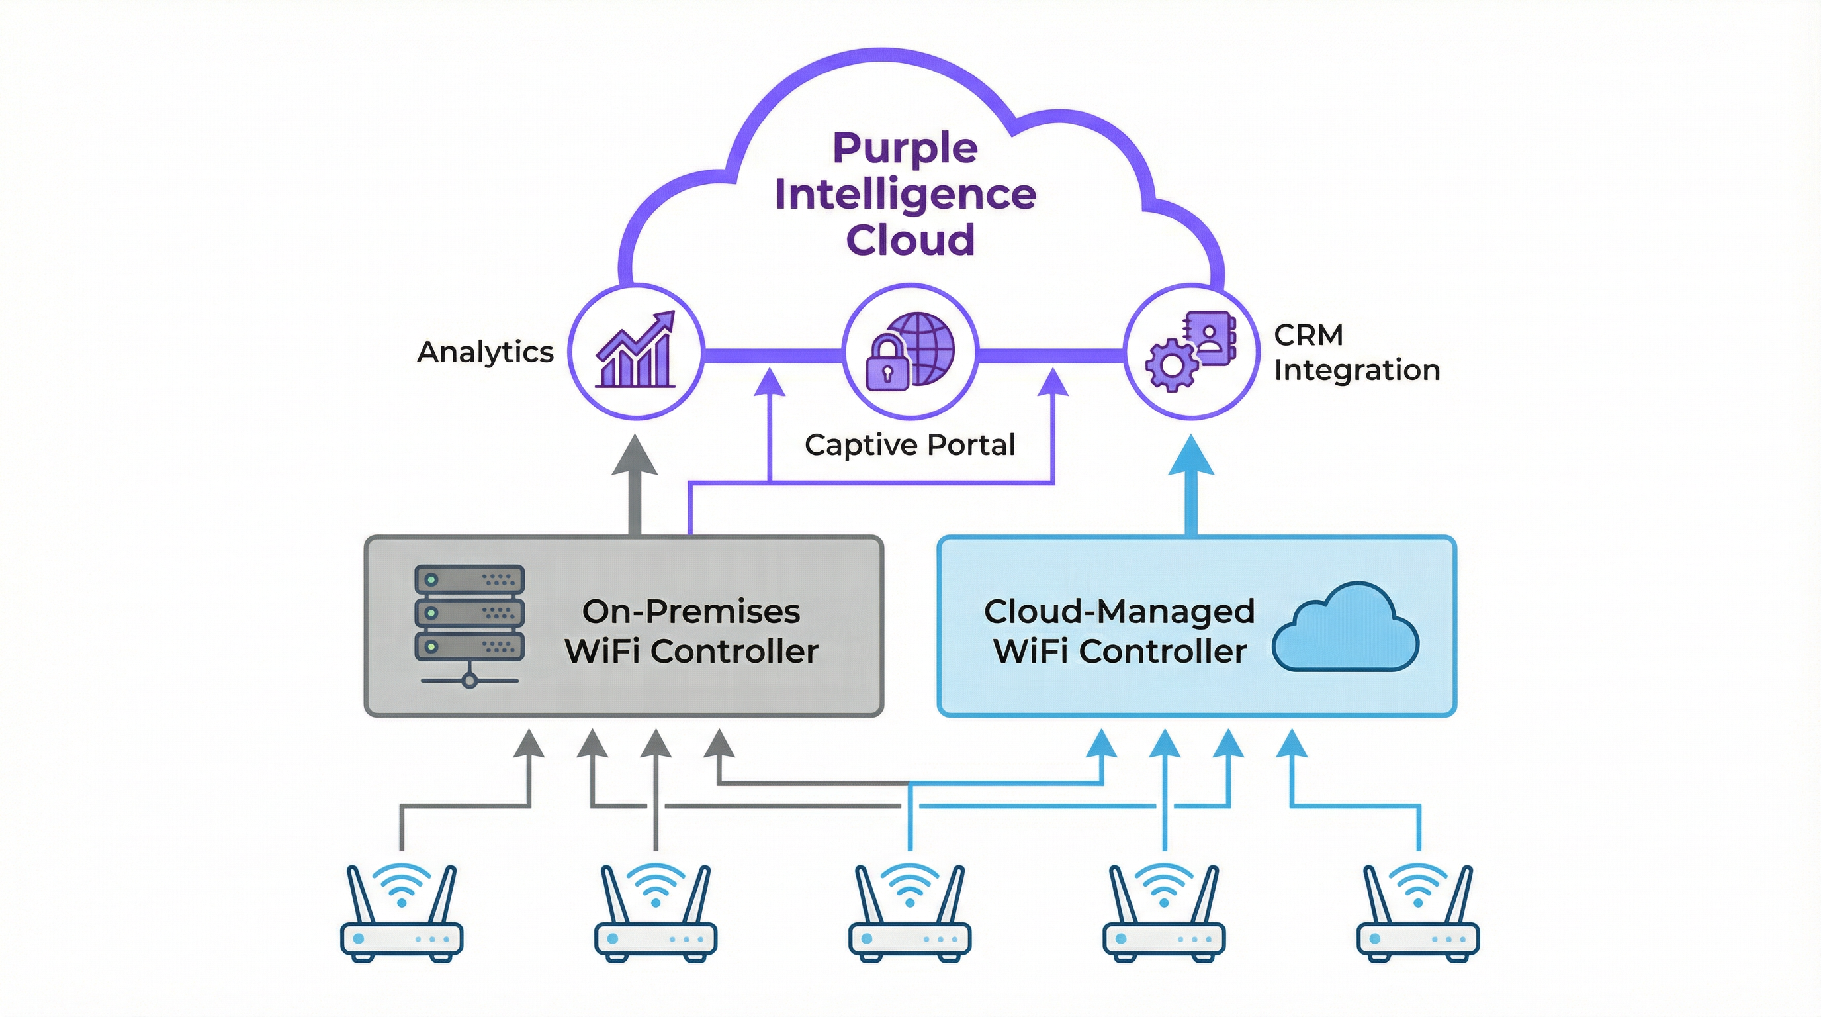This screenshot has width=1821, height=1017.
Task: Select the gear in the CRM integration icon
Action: tap(1171, 365)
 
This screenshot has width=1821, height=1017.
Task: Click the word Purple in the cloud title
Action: tap(906, 148)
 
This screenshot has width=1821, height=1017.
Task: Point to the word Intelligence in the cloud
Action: tap(906, 194)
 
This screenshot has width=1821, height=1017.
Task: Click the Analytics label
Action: tap(485, 352)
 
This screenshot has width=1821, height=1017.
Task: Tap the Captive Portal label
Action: tap(910, 445)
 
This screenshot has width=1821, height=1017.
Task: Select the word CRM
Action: tap(1308, 334)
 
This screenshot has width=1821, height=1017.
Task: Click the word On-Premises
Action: tap(691, 611)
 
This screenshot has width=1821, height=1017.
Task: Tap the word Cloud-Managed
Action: tap(1119, 611)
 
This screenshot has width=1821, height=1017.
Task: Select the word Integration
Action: tap(1356, 370)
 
